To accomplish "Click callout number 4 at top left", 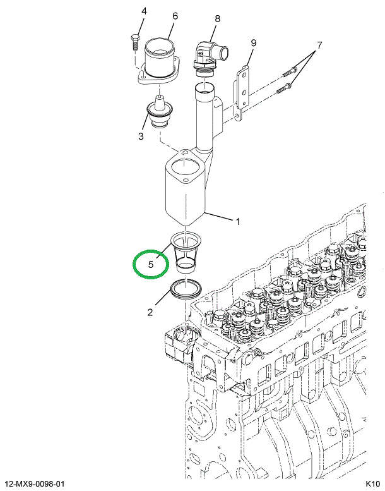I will (x=143, y=11).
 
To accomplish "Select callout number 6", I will (x=175, y=16).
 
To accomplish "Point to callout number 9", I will (x=253, y=43).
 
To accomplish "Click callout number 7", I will (x=319, y=45).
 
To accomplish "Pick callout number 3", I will (x=141, y=136).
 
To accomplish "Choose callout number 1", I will (x=238, y=221).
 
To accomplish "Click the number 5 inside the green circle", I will (x=151, y=265).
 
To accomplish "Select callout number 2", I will (x=150, y=312).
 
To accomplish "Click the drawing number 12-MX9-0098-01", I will (x=34, y=484).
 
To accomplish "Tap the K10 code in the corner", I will (x=373, y=484).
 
